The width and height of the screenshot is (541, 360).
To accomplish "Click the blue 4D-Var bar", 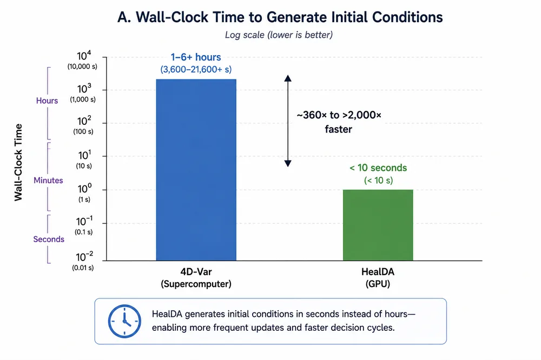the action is coord(196,170).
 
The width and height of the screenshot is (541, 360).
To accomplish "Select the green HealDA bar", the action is coord(378,225).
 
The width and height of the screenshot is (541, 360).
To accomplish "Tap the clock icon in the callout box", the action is coord(124,321).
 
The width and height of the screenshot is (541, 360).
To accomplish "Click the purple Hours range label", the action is coord(47,101).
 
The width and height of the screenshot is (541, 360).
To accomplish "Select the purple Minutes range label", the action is coord(48,181).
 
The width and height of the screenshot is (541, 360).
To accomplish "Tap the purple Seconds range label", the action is coord(49,239).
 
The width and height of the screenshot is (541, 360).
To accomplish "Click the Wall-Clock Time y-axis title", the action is coord(18,162).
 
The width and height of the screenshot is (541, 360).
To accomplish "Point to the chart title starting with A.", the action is coord(280,17).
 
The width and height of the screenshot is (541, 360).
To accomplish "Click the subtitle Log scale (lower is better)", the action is coord(279,35).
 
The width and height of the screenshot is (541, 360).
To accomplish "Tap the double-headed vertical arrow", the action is coord(288,121).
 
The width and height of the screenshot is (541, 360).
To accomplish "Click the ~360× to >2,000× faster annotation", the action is coord(339,122).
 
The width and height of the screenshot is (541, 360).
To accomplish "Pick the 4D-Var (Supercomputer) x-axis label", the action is coord(196,278).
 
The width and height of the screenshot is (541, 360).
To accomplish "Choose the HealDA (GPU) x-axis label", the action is coord(378,278).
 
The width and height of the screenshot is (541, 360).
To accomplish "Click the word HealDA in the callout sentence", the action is coord(167,314).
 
